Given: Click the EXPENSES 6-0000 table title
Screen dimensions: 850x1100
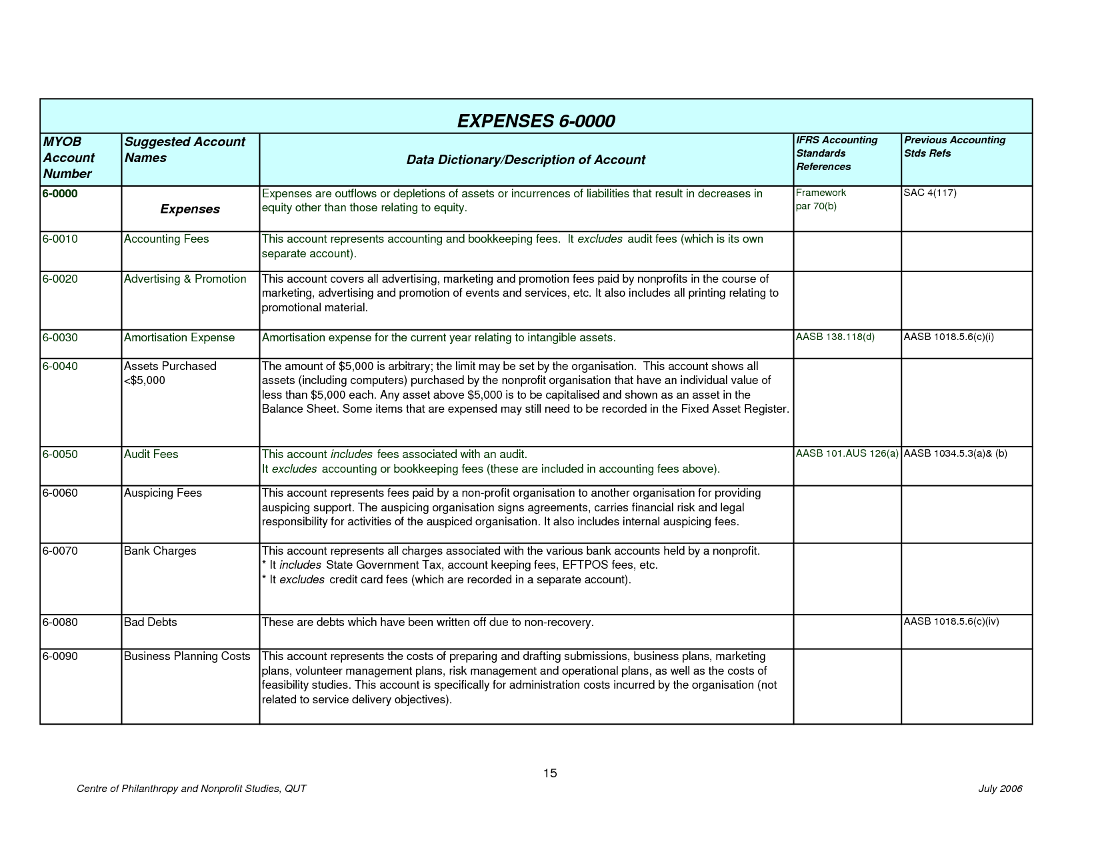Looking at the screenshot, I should point(535,121).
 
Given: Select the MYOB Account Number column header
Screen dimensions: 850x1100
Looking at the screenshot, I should point(69,158).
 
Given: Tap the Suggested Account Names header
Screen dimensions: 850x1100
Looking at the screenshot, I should point(184,150).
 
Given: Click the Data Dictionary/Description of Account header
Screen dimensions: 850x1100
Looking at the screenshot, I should point(525,160).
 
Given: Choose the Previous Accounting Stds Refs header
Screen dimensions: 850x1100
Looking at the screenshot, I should point(954,147).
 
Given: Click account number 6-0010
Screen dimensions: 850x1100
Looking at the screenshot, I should point(60,239).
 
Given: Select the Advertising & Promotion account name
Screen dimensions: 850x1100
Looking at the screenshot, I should point(185,279).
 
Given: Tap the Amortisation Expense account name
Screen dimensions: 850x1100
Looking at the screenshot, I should point(179,338).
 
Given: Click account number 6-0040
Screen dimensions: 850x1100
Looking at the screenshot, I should point(60,367).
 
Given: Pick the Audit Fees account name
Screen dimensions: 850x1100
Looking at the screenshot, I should point(151,455).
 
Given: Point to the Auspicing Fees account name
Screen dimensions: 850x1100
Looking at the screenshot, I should point(163,493).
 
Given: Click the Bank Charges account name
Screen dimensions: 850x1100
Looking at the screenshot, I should point(160,551).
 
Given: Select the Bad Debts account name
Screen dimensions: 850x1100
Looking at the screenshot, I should point(150,623).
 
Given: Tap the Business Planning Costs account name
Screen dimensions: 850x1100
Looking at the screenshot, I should point(187,657).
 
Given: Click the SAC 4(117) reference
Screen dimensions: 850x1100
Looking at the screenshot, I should point(929,193).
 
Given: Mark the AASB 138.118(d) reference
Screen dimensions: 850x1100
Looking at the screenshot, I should point(835,337).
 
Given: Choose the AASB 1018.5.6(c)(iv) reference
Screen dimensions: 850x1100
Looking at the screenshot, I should point(951,622).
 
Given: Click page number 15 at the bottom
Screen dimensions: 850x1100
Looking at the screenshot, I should point(549,773).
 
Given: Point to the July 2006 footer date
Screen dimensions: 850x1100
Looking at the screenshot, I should point(999,789).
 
